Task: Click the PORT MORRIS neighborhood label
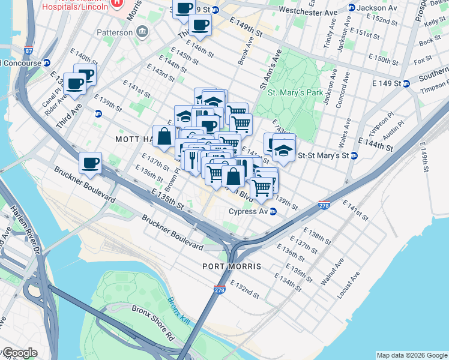[x=232, y=266]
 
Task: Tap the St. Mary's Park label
[x=295, y=93]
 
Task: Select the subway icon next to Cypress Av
[x=273, y=211]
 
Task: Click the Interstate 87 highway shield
[x=29, y=51]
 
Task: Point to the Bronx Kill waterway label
[x=178, y=311]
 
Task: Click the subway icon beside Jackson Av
[x=351, y=8]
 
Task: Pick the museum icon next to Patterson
[x=142, y=32]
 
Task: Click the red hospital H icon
[x=117, y=4]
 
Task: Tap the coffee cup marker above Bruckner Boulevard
[x=90, y=163]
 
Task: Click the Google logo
[x=19, y=353]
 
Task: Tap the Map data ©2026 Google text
[x=412, y=355]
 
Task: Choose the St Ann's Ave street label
[x=270, y=70]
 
